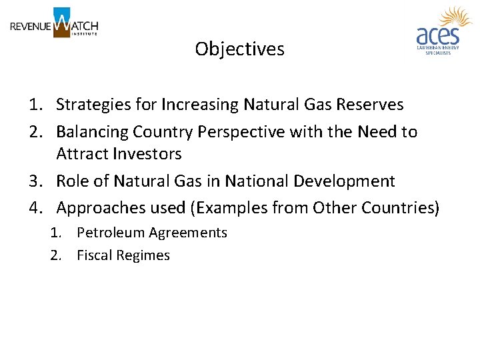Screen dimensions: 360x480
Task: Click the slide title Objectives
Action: click(x=239, y=49)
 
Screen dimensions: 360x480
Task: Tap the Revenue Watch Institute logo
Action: click(x=54, y=24)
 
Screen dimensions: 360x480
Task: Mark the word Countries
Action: click(x=399, y=208)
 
